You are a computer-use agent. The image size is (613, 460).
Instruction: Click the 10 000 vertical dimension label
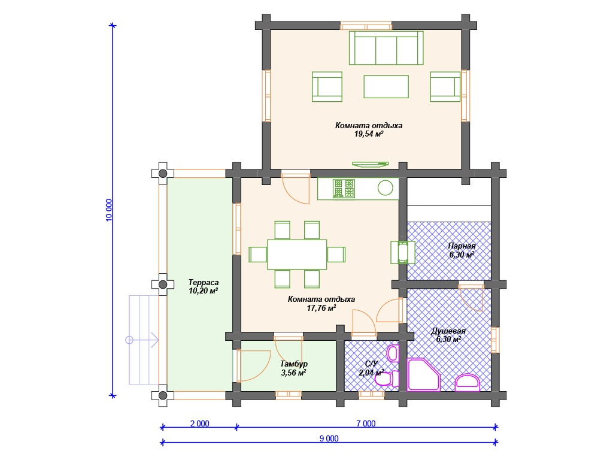pyautogui.click(x=109, y=210)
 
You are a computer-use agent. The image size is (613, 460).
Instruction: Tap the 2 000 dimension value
pyautogui.click(x=200, y=423)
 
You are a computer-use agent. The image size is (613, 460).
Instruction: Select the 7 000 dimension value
pyautogui.click(x=366, y=423)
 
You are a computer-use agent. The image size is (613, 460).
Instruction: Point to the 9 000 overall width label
pyautogui.click(x=329, y=438)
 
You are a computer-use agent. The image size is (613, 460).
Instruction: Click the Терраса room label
pyautogui.click(x=204, y=282)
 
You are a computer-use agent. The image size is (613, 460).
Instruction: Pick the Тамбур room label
pyautogui.click(x=294, y=364)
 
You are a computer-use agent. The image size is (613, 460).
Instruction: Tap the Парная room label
pyautogui.click(x=462, y=246)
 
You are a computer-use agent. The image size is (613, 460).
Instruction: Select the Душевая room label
pyautogui.click(x=448, y=331)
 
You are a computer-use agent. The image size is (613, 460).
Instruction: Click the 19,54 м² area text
pyautogui.click(x=369, y=134)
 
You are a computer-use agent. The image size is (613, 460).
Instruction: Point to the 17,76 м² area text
pyautogui.click(x=321, y=308)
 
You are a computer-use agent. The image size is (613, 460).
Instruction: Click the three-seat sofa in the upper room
pyautogui.click(x=386, y=48)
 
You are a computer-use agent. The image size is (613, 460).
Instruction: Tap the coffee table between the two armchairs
pyautogui.click(x=386, y=86)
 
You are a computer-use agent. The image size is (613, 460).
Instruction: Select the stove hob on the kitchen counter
pyautogui.click(x=344, y=188)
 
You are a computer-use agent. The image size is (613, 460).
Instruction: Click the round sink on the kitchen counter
pyautogui.click(x=385, y=187)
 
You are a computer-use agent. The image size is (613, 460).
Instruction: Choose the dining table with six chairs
pyautogui.click(x=297, y=254)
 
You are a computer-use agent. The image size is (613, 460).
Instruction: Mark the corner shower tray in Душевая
pyautogui.click(x=423, y=375)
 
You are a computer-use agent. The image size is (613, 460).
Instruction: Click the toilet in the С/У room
pyautogui.click(x=387, y=379)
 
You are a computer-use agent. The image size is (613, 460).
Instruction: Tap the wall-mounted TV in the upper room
pyautogui.click(x=370, y=164)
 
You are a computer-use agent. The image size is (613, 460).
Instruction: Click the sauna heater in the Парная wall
pyautogui.click(x=403, y=252)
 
